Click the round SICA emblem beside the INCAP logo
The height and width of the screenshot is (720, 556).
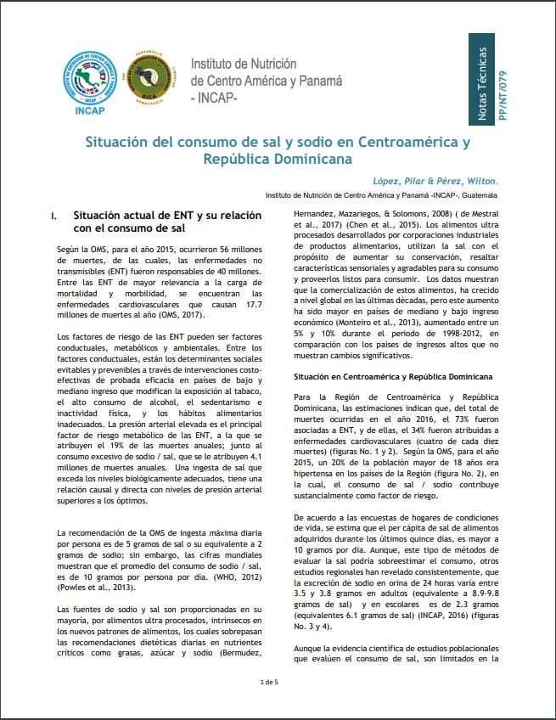tap(150, 81)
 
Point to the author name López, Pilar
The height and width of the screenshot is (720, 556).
tap(402, 181)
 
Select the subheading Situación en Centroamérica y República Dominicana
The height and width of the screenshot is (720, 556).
tap(382, 375)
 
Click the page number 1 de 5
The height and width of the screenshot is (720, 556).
tap(269, 683)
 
